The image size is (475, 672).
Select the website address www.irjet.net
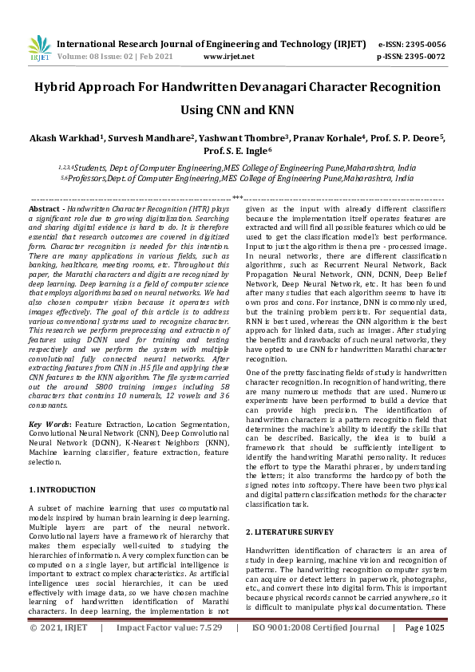click(229, 57)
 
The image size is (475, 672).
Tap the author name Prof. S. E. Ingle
click(237, 151)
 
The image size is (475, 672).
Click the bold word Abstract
click(45, 207)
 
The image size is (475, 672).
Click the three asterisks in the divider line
click(237, 197)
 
